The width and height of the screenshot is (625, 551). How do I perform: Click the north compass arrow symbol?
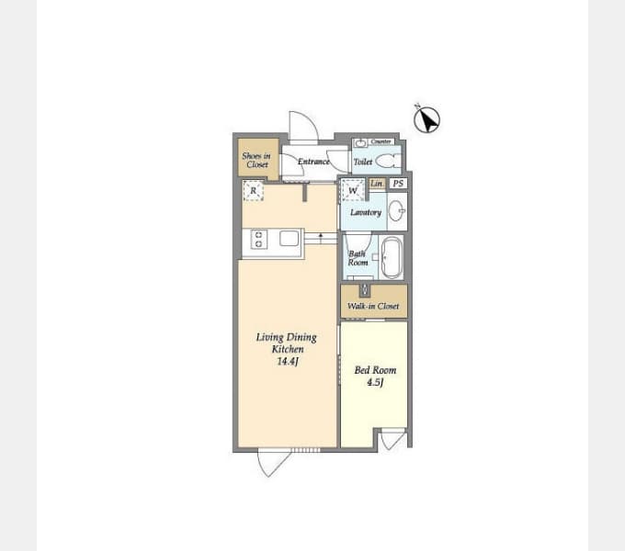click(426, 119)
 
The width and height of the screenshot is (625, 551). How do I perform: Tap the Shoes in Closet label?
click(256, 160)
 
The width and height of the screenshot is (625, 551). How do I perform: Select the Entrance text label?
click(313, 162)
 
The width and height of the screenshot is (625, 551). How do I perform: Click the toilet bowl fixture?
click(388, 162)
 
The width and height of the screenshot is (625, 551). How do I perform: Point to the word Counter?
click(381, 141)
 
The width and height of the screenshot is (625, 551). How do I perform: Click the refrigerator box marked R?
click(253, 191)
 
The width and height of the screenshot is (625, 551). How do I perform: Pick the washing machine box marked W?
click(353, 190)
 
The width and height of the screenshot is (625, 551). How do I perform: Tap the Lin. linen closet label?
click(377, 183)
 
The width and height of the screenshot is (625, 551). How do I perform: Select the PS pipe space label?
click(398, 183)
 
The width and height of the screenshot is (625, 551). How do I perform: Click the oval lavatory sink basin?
click(397, 210)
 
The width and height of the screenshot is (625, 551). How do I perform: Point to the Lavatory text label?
click(366, 212)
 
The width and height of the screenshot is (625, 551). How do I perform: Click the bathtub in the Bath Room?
click(391, 257)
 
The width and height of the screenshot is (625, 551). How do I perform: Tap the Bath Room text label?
click(358, 258)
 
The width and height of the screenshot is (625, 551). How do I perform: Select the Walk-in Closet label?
click(373, 306)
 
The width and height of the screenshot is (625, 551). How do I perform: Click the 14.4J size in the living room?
click(288, 362)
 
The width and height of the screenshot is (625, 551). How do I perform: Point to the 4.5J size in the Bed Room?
click(375, 382)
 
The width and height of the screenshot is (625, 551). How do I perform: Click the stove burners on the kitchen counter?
click(258, 240)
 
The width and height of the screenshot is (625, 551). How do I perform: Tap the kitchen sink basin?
click(289, 239)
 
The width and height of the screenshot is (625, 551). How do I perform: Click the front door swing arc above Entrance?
click(304, 125)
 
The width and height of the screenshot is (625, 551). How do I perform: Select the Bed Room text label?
click(376, 370)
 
